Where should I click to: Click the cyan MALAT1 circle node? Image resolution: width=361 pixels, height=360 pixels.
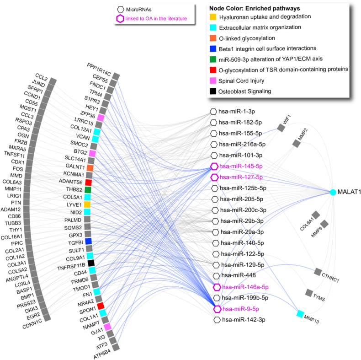click(x=333, y=192)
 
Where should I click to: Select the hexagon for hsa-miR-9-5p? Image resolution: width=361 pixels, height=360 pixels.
click(x=217, y=309)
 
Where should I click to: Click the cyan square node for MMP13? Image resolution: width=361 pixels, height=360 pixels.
click(x=300, y=314)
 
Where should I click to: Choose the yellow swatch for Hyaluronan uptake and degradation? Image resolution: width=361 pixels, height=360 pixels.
click(x=212, y=17)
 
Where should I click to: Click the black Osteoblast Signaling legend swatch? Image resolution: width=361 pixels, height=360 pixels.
click(x=212, y=91)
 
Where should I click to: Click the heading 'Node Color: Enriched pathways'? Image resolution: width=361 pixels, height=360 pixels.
click(x=255, y=8)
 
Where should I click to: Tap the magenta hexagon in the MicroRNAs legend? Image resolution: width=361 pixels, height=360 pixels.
click(x=120, y=19)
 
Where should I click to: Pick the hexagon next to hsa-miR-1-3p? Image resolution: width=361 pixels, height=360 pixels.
click(x=213, y=111)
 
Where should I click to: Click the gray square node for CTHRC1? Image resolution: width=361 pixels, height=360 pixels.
click(x=319, y=272)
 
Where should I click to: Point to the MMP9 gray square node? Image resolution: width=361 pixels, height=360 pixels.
click(x=324, y=224)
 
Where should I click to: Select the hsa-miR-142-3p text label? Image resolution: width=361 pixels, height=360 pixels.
click(x=244, y=320)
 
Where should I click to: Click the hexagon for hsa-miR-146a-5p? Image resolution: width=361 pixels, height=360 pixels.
click(x=217, y=287)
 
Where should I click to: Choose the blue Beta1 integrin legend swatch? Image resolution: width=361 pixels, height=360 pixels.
click(x=212, y=48)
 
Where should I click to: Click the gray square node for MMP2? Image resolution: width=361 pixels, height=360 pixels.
click(x=296, y=143)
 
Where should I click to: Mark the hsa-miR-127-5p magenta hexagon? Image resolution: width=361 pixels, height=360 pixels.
click(x=214, y=177)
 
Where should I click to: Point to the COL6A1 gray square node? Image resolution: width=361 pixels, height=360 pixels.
click(x=315, y=215)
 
